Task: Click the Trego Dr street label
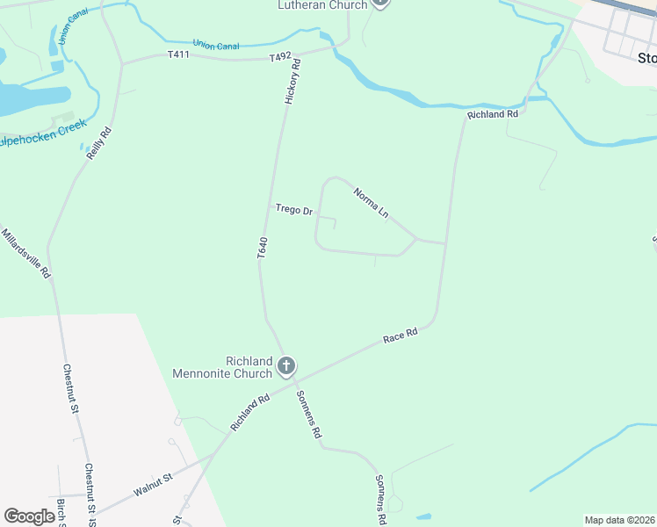294,210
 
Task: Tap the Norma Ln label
371,203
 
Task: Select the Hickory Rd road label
292,82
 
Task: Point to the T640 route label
262,247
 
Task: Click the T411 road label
179,54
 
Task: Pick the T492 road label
280,57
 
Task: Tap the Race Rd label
400,335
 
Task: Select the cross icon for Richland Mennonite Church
286,365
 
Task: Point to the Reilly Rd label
99,143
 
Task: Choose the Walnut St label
155,482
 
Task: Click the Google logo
30,516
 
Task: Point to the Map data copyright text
619,520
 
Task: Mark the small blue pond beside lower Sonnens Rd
423,516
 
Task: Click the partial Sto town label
646,58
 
